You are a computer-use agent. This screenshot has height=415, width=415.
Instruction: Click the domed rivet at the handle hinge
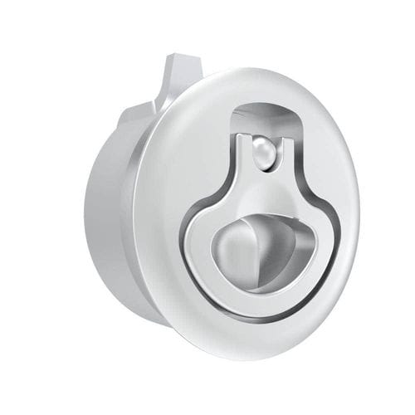(263, 153)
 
